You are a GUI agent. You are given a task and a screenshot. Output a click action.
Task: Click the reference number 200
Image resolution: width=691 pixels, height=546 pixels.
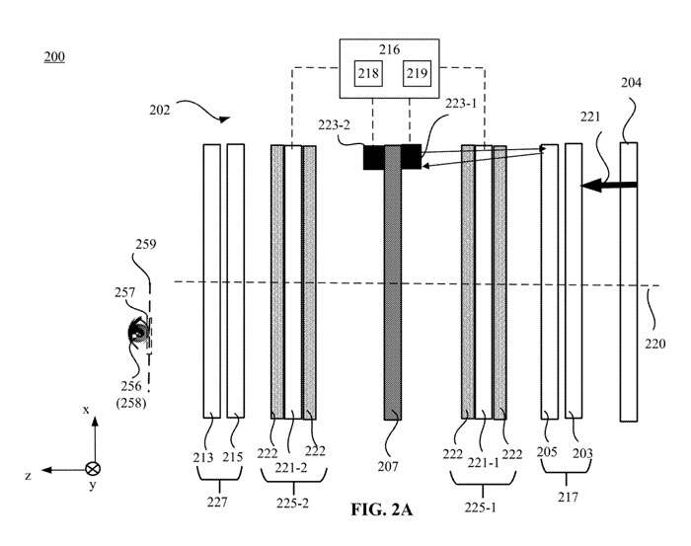click(54, 56)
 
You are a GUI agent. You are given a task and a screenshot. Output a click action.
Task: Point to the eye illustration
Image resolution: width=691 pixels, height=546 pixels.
click(136, 332)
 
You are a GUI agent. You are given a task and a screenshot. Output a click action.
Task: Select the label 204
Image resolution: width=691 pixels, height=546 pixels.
click(631, 84)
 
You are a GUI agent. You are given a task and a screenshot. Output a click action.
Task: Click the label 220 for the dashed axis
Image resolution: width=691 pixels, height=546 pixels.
click(656, 345)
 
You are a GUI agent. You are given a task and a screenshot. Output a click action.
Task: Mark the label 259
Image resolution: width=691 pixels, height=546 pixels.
click(146, 243)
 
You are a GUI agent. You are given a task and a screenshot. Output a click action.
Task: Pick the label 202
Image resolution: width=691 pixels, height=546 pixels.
click(161, 111)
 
